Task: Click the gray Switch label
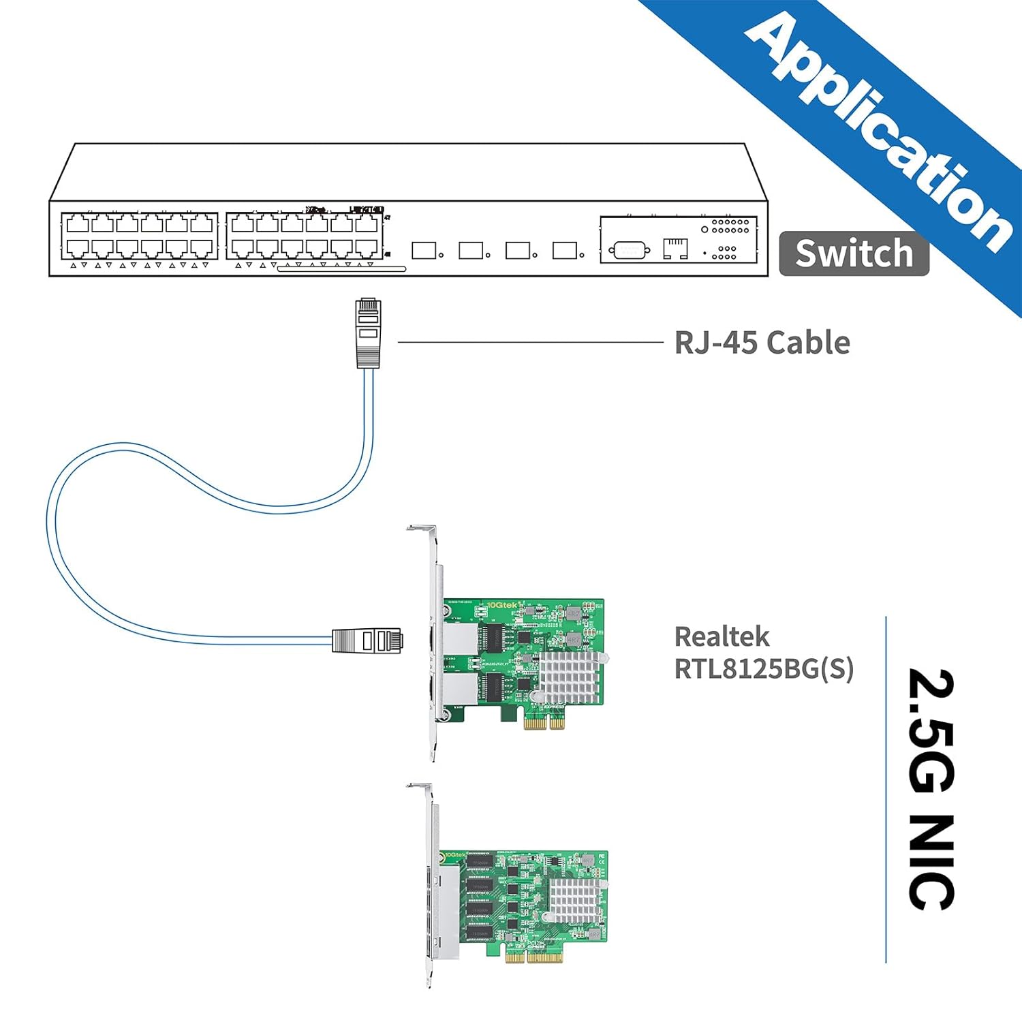(x=854, y=253)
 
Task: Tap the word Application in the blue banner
(x=879, y=129)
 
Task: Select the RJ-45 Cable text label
(x=762, y=343)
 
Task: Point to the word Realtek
(x=722, y=637)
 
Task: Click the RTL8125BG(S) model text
(x=763, y=669)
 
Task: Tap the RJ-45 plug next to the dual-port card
(x=367, y=640)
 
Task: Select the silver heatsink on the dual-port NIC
(x=570, y=677)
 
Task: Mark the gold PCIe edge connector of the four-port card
(x=536, y=957)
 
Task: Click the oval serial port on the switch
(x=629, y=251)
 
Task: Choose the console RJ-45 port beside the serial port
(x=675, y=249)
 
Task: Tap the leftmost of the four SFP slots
(x=424, y=251)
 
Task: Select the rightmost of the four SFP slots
(x=565, y=251)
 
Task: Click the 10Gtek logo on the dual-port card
(x=503, y=604)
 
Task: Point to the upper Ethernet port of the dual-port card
(x=459, y=639)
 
